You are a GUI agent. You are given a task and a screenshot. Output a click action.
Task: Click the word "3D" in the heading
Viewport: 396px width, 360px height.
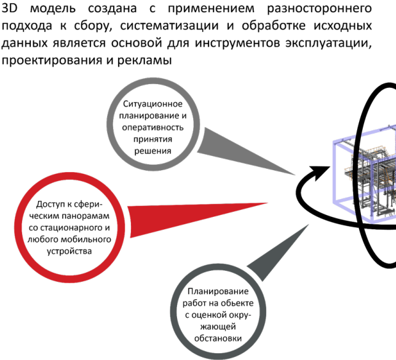coord(10,10)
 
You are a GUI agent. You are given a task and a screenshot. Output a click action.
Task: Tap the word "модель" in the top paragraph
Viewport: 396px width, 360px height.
coord(50,10)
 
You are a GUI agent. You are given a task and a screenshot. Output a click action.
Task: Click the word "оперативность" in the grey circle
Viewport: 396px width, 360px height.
coord(151,128)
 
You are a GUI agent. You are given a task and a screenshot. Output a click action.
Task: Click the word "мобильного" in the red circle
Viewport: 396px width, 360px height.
coord(81,240)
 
